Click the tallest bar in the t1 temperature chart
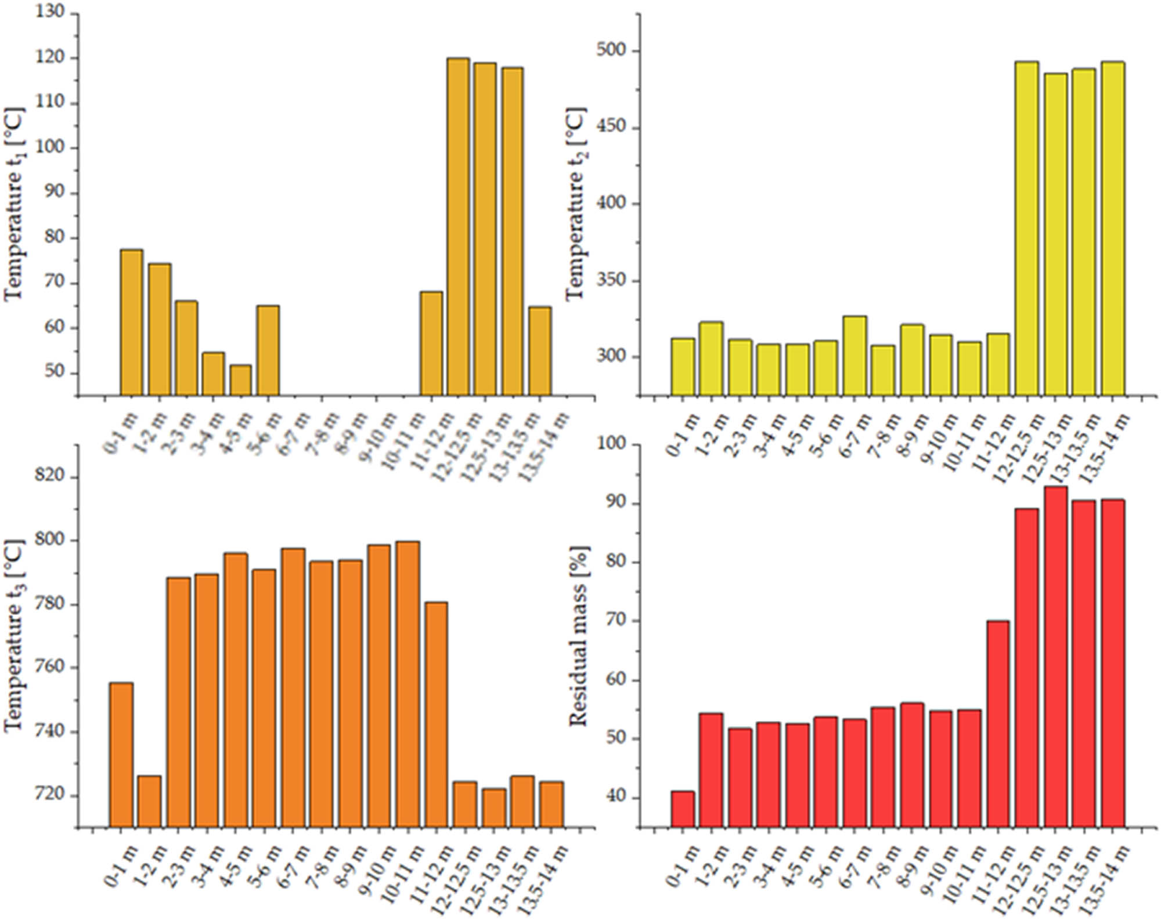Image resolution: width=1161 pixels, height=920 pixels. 458,226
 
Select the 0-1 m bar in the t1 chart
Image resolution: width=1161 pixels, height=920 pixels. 132,323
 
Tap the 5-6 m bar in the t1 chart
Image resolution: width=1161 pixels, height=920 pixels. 268,350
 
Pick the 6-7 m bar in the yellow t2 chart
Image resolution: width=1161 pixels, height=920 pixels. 854,356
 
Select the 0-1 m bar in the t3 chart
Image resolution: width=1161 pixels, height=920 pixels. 121,754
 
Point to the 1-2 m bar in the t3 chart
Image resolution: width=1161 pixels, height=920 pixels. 150,801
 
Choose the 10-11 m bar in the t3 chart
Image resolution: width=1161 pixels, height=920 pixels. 408,684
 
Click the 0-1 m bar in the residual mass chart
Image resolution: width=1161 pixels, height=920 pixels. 683,809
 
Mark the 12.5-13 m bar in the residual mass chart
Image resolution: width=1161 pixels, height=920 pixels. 1055,656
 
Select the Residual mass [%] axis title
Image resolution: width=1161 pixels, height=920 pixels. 578,636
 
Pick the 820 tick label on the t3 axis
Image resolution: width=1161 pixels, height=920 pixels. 50,477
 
